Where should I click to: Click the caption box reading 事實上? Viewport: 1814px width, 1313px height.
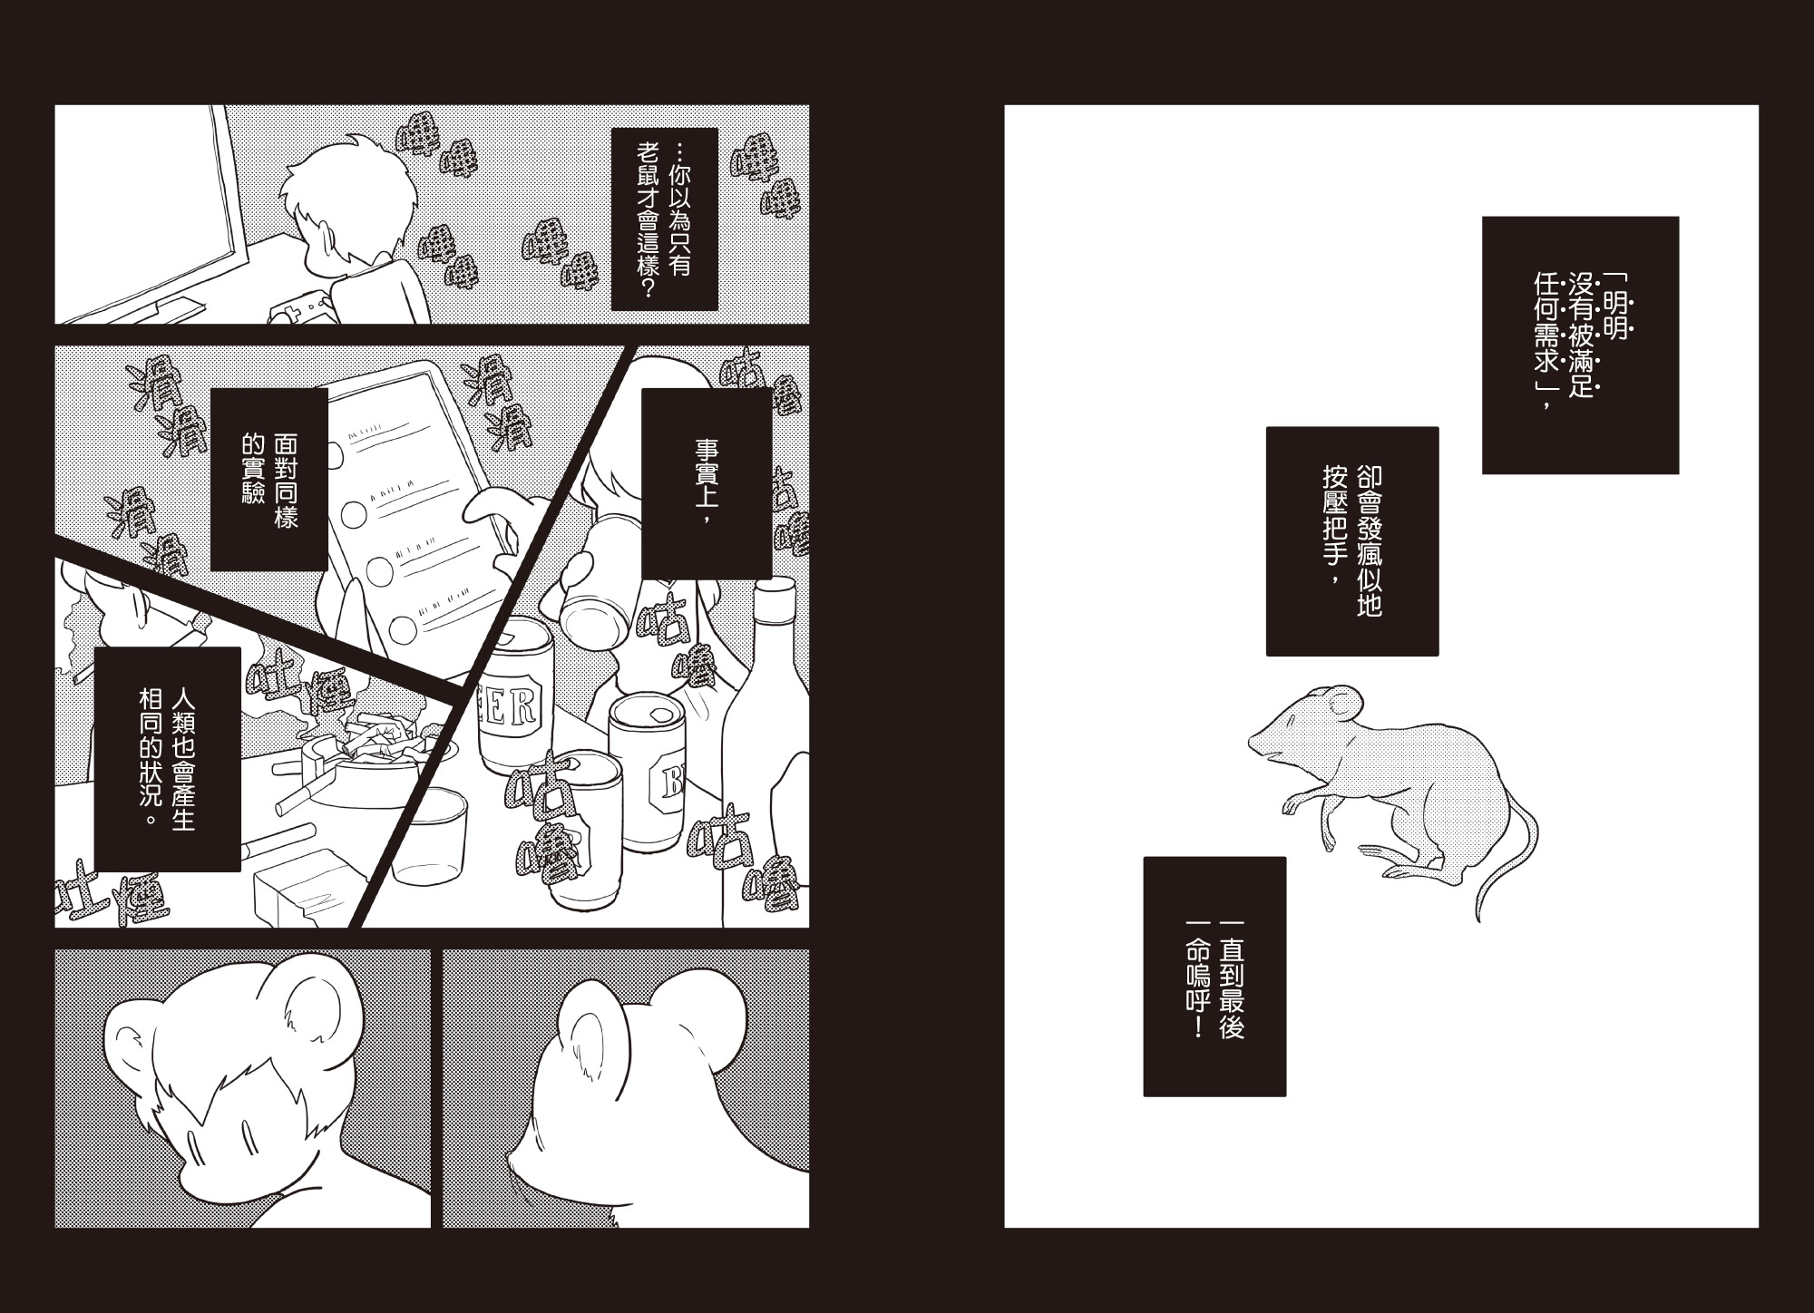click(707, 483)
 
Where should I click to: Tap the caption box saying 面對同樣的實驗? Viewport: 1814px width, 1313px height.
click(268, 480)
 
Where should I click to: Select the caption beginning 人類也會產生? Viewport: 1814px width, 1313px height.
click(167, 759)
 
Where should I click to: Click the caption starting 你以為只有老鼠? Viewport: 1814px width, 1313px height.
click(665, 219)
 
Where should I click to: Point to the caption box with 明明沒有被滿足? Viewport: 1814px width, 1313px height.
click(1580, 345)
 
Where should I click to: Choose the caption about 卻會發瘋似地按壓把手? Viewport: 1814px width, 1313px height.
click(1352, 541)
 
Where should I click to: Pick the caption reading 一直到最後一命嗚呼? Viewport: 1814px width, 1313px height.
click(1214, 977)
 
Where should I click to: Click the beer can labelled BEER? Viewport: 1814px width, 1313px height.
click(516, 694)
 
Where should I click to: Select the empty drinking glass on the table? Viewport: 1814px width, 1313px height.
click(428, 836)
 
